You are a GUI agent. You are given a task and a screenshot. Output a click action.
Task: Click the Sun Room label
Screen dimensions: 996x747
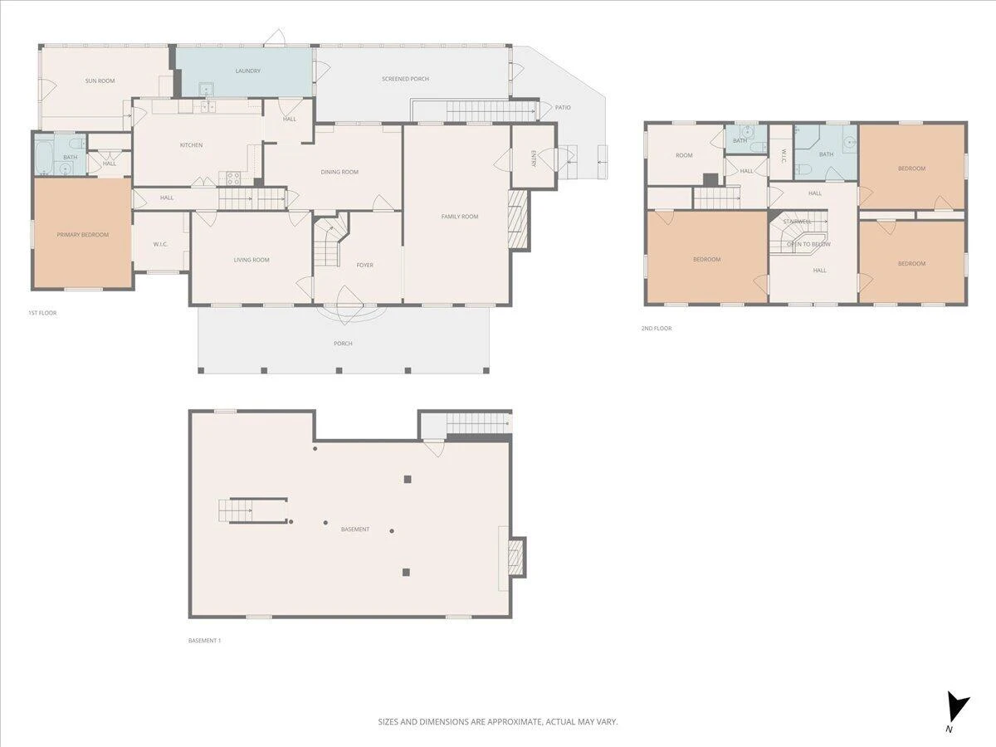[100, 81]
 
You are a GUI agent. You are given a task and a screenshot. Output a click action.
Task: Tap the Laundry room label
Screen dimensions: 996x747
[247, 71]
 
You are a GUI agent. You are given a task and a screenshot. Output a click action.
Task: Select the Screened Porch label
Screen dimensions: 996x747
[405, 79]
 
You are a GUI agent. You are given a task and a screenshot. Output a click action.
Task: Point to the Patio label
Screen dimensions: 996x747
[563, 108]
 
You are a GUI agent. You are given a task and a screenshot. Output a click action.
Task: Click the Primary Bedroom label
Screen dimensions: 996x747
[82, 235]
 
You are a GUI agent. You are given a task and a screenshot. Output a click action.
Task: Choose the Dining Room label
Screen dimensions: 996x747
[339, 172]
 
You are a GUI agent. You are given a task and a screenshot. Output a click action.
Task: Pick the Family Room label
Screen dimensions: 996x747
[460, 217]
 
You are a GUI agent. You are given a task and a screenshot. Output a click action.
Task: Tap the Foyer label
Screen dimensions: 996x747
[365, 265]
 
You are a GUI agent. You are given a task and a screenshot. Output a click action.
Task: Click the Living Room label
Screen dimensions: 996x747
[251, 260]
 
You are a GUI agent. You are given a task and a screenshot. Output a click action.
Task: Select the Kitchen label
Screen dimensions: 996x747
[192, 145]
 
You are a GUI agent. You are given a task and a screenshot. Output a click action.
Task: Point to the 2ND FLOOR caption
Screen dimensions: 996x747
[657, 329]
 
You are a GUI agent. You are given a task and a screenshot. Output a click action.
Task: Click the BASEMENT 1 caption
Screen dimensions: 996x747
[204, 641]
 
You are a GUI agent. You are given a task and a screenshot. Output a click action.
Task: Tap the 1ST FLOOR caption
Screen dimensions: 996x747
[42, 313]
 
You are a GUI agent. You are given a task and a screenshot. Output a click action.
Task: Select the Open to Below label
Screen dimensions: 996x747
[808, 244]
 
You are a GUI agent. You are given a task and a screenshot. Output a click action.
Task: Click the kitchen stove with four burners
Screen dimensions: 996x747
[233, 178]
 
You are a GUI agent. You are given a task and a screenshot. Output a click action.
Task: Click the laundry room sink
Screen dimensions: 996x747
[207, 90]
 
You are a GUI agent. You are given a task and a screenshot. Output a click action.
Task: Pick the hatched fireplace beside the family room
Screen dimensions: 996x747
[518, 219]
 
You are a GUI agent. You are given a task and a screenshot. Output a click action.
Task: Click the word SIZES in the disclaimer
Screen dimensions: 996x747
[388, 721]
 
